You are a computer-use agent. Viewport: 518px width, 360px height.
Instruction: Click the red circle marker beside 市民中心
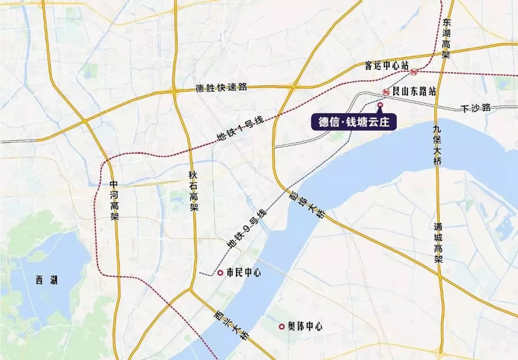pyautogui.click(x=220, y=273)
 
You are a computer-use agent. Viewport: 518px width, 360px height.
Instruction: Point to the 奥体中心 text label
pyautogui.click(x=304, y=326)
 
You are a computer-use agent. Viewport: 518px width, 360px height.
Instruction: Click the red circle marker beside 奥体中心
pyautogui.click(x=282, y=326)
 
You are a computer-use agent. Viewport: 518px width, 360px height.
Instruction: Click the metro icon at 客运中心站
pyautogui.click(x=416, y=72)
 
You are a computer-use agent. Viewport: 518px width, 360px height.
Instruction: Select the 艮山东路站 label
pyautogui.click(x=416, y=91)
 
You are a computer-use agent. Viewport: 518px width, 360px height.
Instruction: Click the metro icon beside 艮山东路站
pyautogui.click(x=386, y=92)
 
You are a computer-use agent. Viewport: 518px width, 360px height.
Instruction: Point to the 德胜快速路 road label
pyautogui.click(x=221, y=88)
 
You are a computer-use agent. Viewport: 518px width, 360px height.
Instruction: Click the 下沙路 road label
pyautogui.click(x=475, y=108)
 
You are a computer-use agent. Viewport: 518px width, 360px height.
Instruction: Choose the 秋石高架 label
pyautogui.click(x=193, y=191)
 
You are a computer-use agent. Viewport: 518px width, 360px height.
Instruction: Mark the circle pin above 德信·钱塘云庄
pyautogui.click(x=380, y=105)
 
